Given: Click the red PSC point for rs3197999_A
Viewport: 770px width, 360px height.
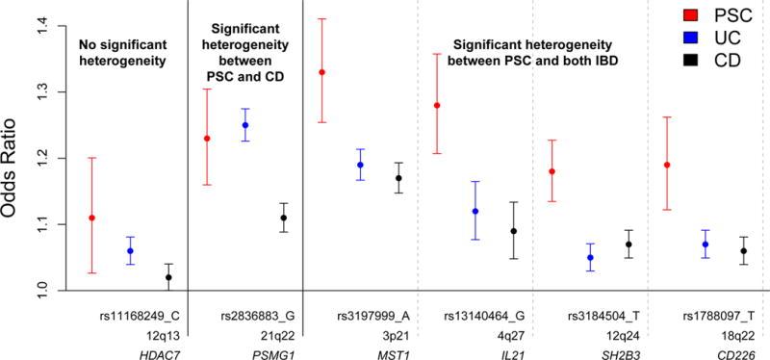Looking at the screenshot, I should pyautogui.click(x=321, y=72).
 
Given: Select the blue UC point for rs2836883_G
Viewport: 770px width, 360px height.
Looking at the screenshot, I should pyautogui.click(x=244, y=125).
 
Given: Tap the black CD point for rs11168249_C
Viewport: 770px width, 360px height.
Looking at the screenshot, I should pyautogui.click(x=168, y=277).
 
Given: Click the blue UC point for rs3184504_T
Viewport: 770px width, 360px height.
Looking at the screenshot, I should pyautogui.click(x=591, y=257).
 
